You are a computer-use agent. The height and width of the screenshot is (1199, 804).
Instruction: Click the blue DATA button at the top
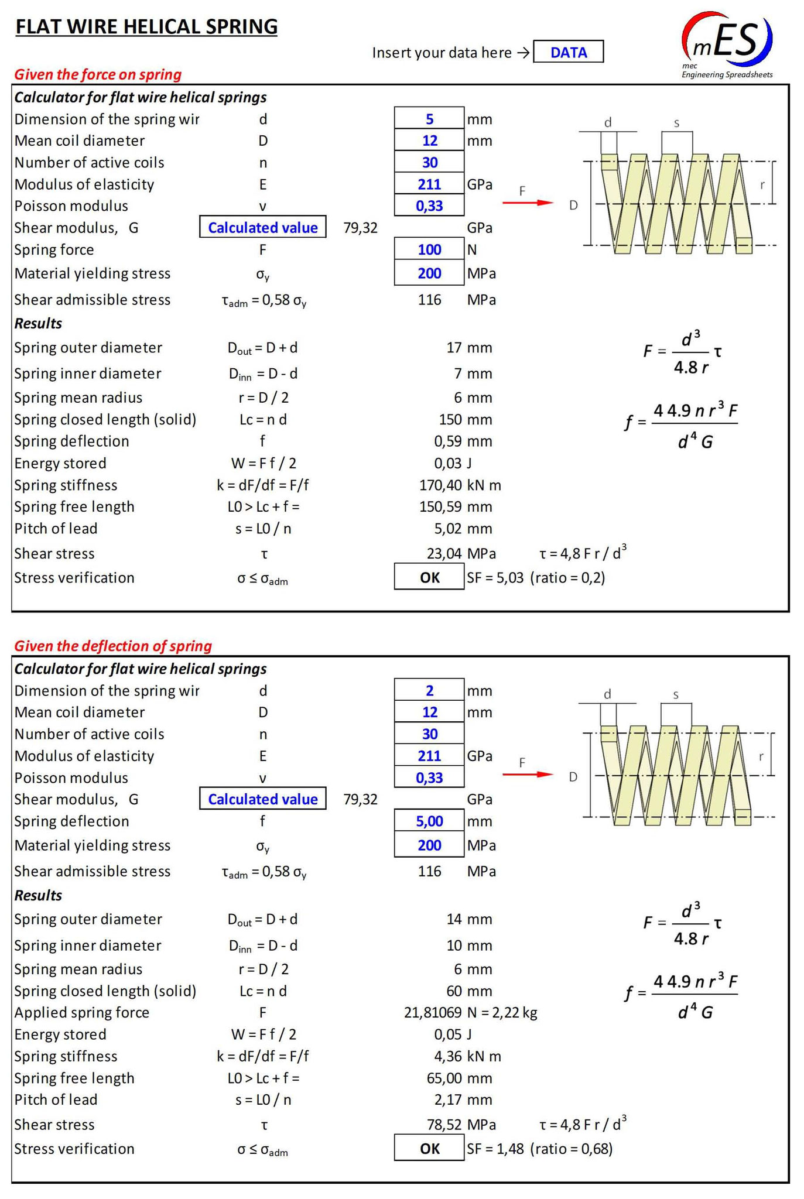(x=568, y=52)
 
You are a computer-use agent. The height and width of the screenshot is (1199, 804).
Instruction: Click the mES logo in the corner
(x=727, y=43)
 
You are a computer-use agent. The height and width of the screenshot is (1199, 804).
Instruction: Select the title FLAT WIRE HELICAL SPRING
(x=146, y=27)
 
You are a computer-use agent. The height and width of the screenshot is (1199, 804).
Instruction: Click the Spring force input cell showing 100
(x=429, y=249)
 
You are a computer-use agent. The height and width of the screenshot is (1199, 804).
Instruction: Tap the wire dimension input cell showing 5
(x=429, y=119)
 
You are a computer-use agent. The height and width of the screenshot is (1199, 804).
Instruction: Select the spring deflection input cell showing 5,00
(x=429, y=821)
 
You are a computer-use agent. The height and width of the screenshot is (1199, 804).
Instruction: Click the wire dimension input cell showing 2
(x=429, y=690)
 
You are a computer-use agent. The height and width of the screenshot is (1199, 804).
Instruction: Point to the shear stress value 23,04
(x=444, y=553)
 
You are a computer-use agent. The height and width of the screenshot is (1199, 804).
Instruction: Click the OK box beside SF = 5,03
(x=429, y=578)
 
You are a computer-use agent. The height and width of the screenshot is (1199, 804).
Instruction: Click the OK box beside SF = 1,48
(x=429, y=1149)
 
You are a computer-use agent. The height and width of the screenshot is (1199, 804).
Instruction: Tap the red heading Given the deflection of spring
(x=113, y=646)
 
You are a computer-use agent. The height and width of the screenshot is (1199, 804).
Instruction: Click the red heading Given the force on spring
(x=98, y=74)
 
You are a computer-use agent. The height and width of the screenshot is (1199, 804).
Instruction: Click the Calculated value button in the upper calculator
(x=263, y=228)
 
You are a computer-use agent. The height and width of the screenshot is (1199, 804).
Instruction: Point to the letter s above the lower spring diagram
(x=676, y=695)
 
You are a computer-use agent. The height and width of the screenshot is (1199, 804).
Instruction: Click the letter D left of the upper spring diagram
(x=573, y=205)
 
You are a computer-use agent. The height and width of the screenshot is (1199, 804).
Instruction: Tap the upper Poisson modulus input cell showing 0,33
(x=429, y=205)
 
